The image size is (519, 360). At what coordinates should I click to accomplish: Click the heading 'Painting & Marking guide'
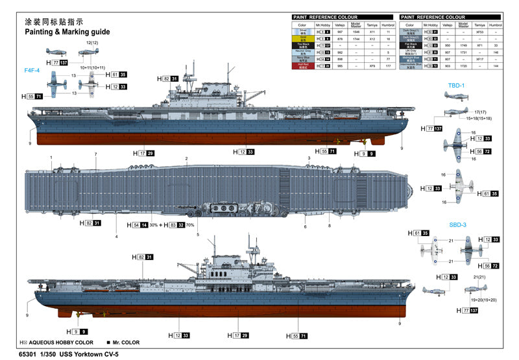pyautogui.click(x=67, y=31)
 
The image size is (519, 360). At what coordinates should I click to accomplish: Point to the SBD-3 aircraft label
pyautogui.click(x=457, y=224)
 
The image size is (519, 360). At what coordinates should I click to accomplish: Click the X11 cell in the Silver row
pyautogui.click(x=372, y=31)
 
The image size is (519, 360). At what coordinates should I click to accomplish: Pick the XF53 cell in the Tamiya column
pyautogui.click(x=479, y=31)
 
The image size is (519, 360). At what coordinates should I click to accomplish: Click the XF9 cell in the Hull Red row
pyautogui.click(x=372, y=66)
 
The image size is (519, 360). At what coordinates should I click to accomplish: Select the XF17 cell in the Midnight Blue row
pyautogui.click(x=479, y=59)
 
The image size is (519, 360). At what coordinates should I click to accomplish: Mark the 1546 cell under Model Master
pyautogui.click(x=356, y=31)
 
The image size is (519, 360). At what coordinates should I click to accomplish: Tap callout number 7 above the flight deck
pyautogui.click(x=95, y=154)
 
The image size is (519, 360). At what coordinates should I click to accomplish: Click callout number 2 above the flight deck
pyautogui.click(x=186, y=159)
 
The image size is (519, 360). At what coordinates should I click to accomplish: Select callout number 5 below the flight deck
pyautogui.click(x=198, y=235)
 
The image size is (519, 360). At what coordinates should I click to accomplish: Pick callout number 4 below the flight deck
pyautogui.click(x=117, y=237)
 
